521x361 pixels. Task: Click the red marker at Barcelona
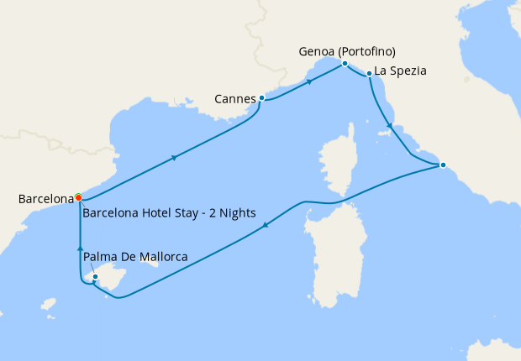click(x=78, y=198)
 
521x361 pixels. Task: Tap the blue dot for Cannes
click(x=261, y=98)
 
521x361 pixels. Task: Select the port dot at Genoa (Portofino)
click(x=345, y=64)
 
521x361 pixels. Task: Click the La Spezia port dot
click(x=369, y=75)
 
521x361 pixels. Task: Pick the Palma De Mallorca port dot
click(x=95, y=277)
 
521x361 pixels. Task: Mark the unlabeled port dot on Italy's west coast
click(x=443, y=165)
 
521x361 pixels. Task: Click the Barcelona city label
click(x=45, y=199)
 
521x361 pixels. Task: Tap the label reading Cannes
click(x=235, y=99)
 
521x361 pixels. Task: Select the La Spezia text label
click(x=402, y=71)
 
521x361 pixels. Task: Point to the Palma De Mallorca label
click(x=135, y=256)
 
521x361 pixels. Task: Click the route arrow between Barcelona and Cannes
click(x=174, y=157)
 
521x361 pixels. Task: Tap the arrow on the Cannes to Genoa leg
click(x=310, y=81)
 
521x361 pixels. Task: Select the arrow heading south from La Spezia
click(x=388, y=127)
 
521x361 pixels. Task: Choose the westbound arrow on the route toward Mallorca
click(x=266, y=224)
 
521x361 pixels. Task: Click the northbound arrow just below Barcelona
click(x=81, y=248)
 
